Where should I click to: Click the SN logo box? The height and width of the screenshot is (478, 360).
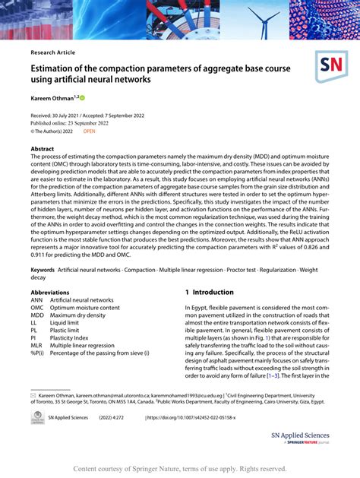(x=332, y=67)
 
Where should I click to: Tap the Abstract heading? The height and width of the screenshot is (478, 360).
(x=43, y=150)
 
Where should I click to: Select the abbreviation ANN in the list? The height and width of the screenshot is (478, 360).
(x=37, y=300)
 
